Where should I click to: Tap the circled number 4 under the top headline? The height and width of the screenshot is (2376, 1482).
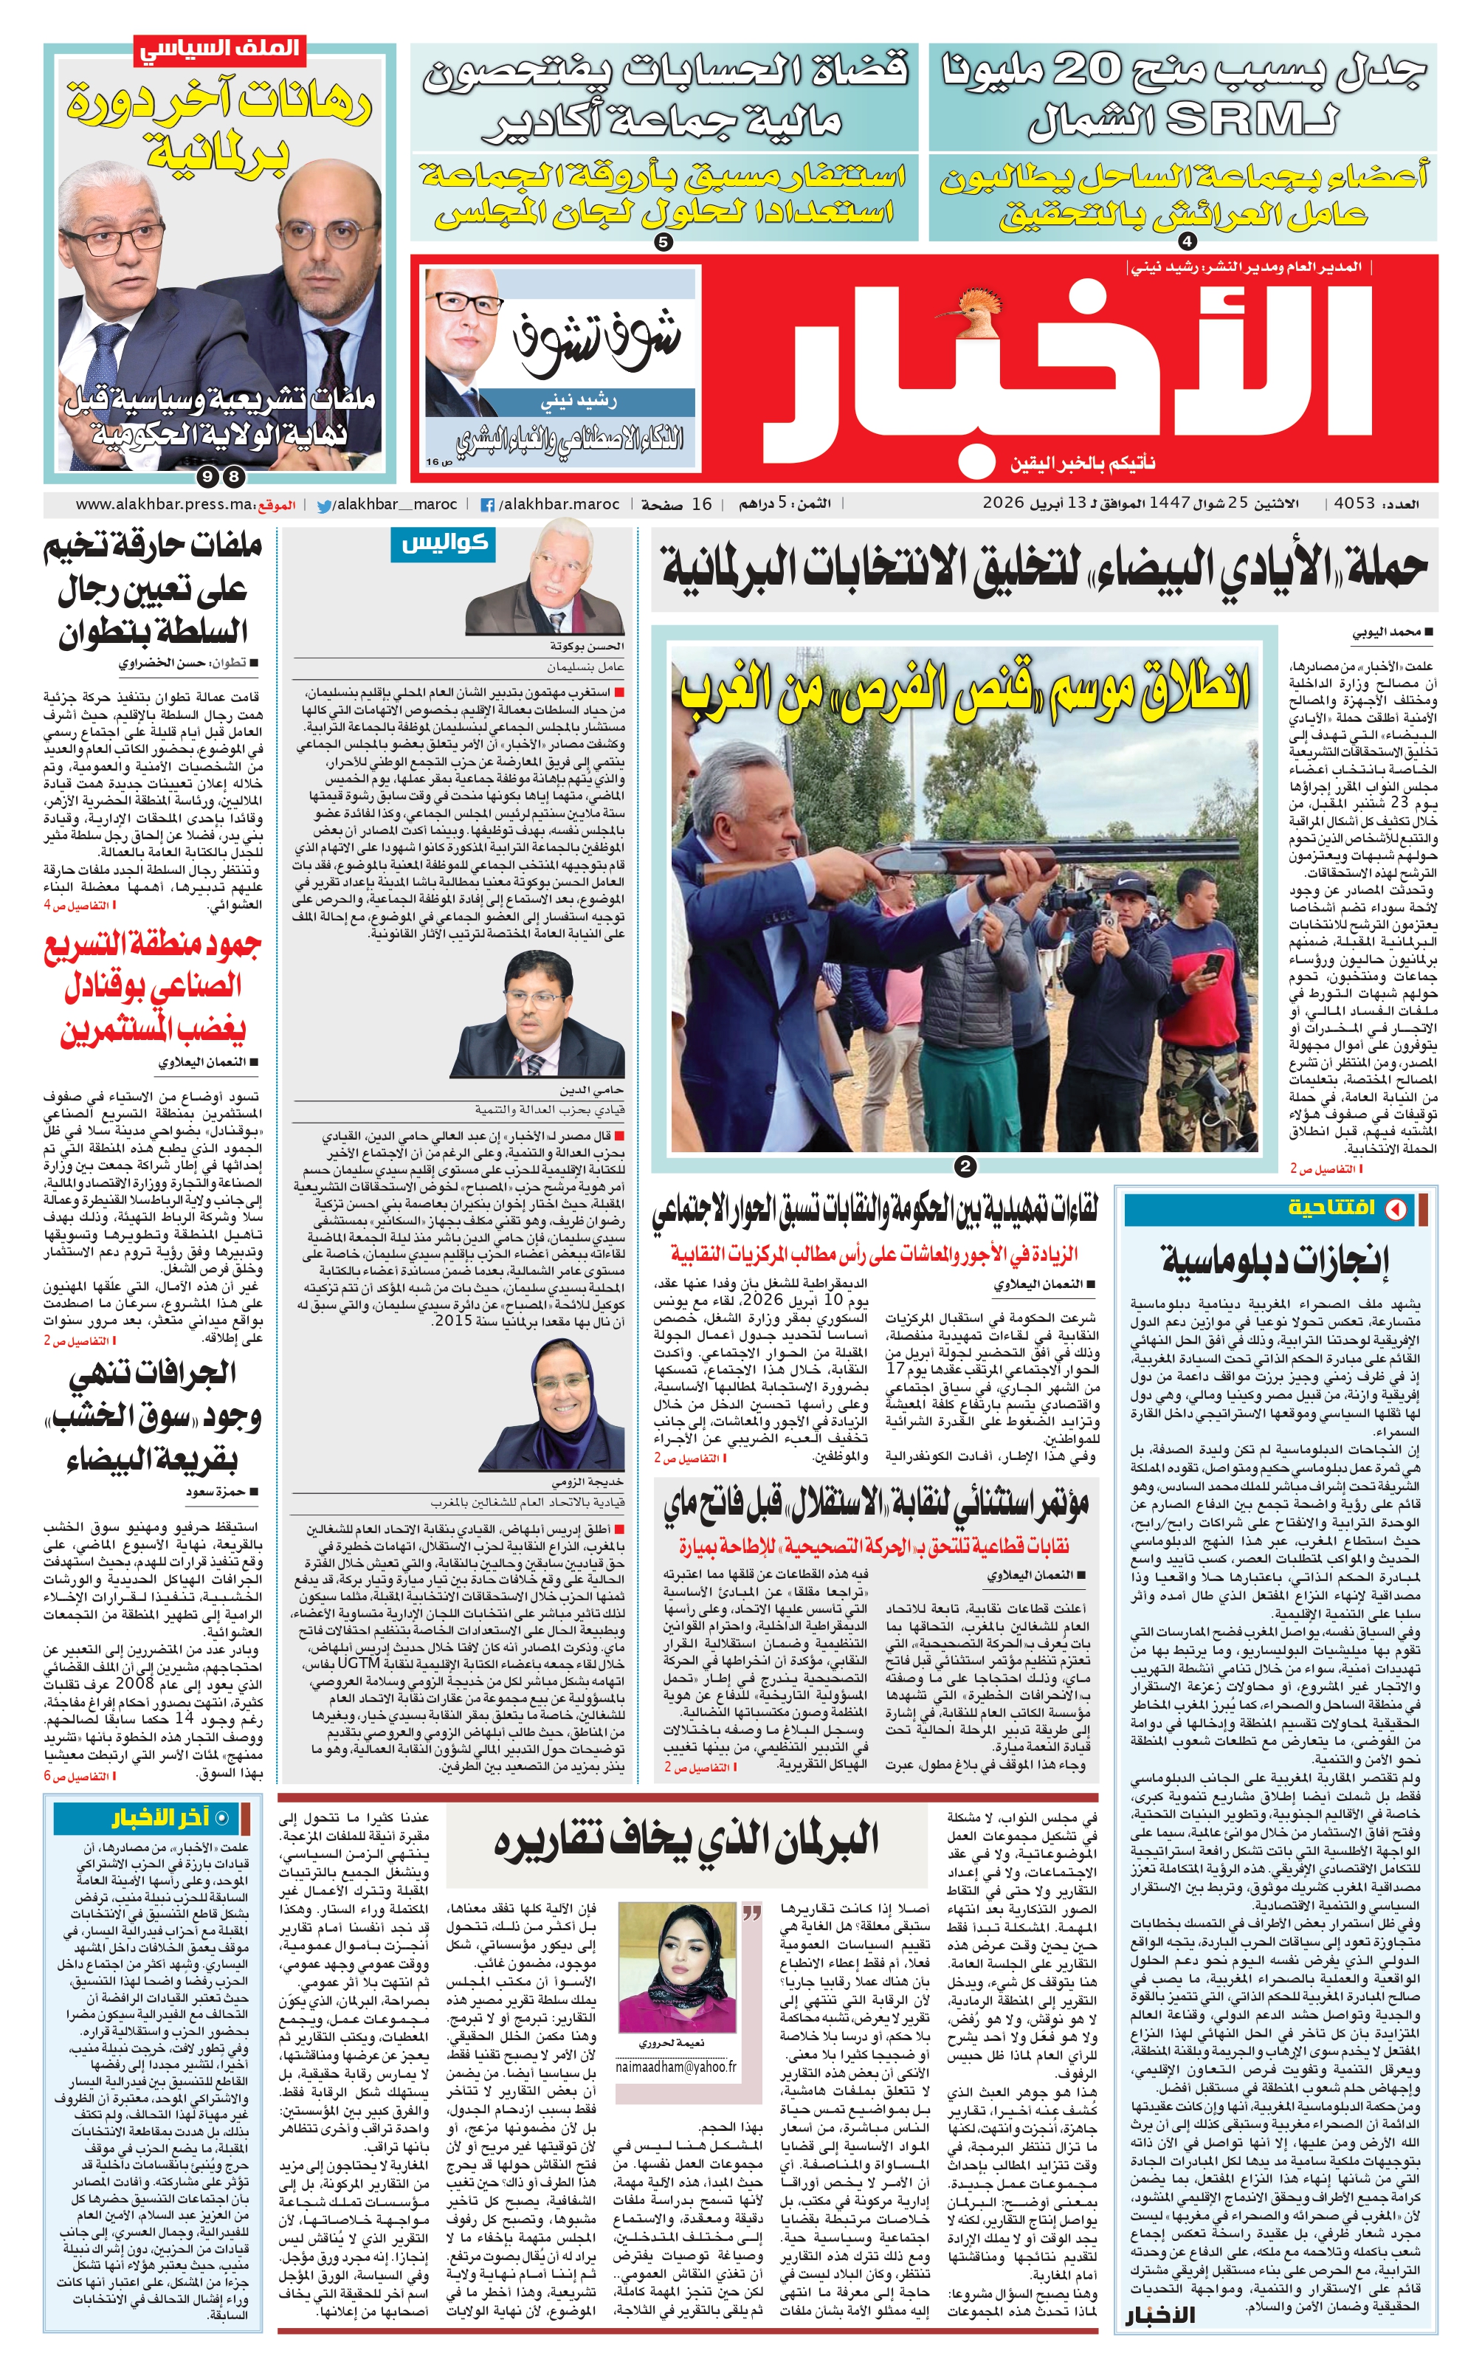coord(1188,241)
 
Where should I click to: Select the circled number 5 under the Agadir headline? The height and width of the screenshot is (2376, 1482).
coord(664,242)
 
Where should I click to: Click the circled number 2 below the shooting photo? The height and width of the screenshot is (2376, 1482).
coord(965,1166)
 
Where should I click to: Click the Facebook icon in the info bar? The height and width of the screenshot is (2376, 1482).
coord(486,505)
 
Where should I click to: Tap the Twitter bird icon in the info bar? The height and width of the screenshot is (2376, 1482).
coord(323,505)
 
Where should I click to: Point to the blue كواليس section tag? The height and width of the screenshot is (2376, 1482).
coord(444,544)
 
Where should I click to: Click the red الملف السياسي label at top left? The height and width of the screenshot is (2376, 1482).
coord(219,48)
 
